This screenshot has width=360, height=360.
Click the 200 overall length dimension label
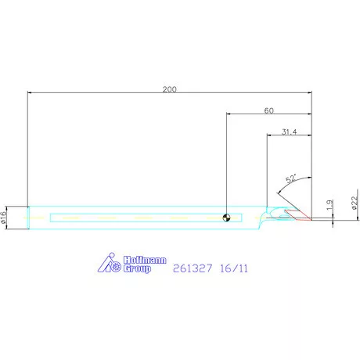click(170, 89)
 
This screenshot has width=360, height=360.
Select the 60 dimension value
click(269, 110)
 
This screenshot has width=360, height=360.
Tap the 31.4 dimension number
click(290, 131)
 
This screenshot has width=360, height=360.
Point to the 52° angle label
click(291, 178)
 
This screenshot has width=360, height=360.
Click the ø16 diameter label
click(3, 218)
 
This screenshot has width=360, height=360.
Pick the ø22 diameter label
click(355, 203)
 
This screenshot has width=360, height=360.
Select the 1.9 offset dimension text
click(329, 205)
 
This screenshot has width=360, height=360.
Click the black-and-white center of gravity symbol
click(227, 218)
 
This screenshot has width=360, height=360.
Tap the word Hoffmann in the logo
click(145, 260)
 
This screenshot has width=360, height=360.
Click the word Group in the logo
click(137, 268)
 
